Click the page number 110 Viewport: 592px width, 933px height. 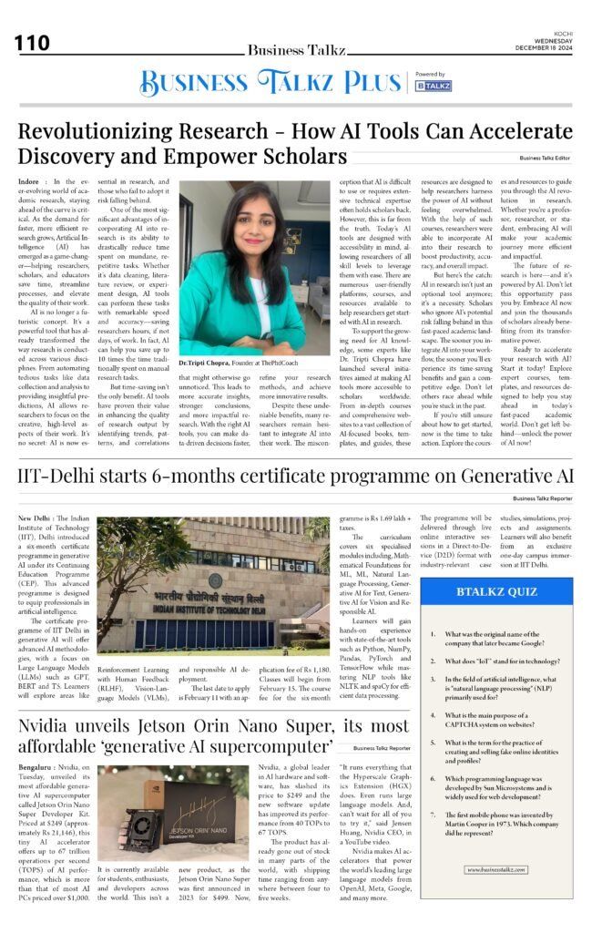[x=32, y=44]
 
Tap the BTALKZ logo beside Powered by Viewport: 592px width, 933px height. [x=434, y=85]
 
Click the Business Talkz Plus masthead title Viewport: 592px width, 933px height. [x=271, y=83]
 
